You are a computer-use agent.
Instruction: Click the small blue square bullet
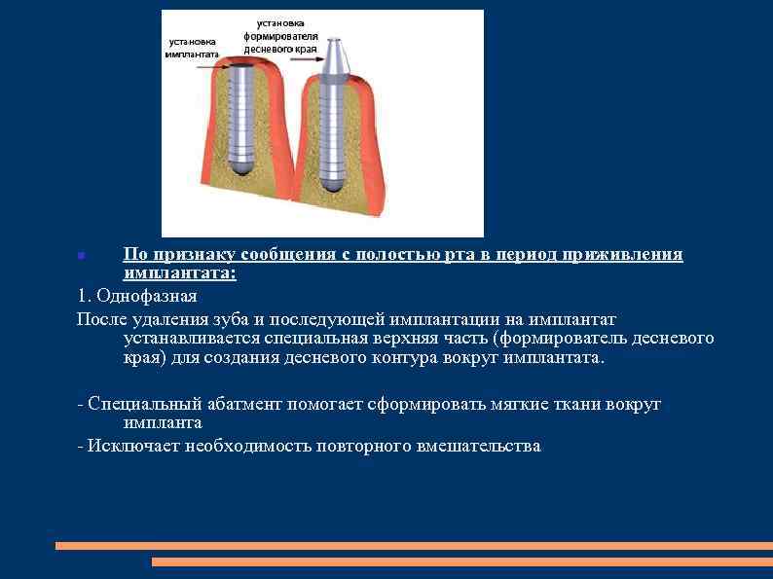point(81,255)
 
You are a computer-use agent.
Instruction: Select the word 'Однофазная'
point(147,297)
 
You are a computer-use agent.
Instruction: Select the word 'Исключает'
point(123,446)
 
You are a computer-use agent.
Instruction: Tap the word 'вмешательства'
point(478,446)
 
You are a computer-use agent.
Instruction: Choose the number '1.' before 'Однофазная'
point(84,297)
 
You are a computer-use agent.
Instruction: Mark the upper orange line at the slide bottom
point(413,546)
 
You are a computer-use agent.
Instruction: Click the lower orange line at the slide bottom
point(461,561)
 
